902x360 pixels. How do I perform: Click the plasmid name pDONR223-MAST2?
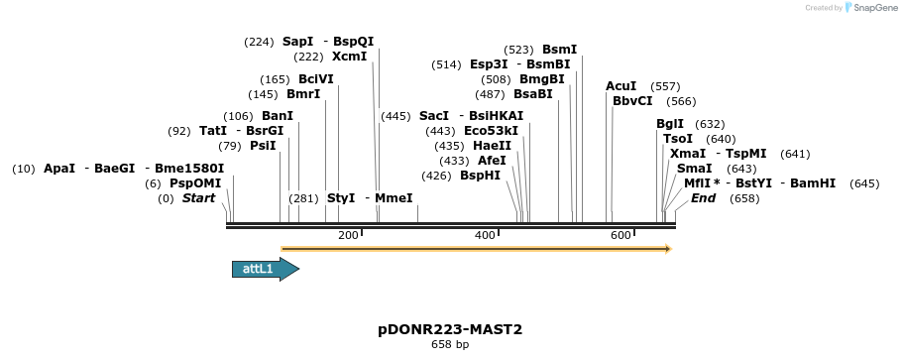450,329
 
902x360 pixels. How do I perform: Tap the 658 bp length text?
450,345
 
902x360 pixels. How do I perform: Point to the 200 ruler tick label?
348,235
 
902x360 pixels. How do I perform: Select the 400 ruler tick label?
485,235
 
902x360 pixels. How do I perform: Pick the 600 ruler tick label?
620,235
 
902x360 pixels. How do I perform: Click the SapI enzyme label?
297,42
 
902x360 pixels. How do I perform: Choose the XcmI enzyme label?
350,57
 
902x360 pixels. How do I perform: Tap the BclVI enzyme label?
316,79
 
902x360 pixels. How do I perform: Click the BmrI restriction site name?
303,94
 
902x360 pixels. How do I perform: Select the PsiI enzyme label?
263,146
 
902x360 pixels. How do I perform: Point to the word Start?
198,198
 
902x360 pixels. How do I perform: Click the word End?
704,198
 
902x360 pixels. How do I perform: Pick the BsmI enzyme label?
559,50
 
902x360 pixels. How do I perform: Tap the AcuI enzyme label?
621,86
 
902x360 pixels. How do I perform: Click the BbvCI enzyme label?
632,101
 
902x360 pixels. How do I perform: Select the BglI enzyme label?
670,124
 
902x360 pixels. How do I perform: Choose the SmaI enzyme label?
694,169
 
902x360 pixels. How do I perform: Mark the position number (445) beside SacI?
395,116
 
